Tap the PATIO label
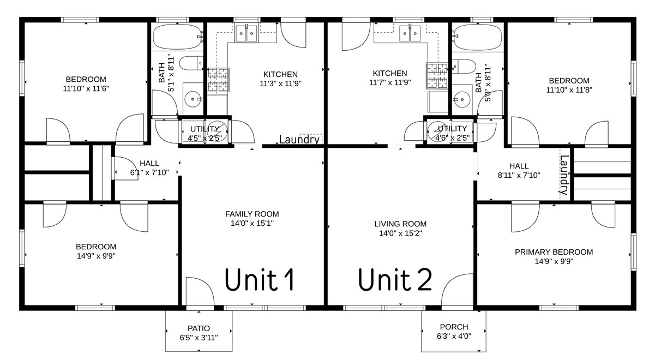pos(199,328)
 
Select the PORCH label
pos(453,327)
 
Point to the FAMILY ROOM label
pos(252,214)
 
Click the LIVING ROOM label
pos(400,224)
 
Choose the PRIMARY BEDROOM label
pos(554,252)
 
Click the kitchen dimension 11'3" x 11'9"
pos(280,83)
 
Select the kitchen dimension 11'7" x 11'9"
pos(389,83)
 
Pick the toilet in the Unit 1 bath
pos(191,64)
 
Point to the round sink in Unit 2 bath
pos(462,99)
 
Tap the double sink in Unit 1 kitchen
pos(247,34)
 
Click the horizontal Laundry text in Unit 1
pos(299,140)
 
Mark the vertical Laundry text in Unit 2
pos(564,176)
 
